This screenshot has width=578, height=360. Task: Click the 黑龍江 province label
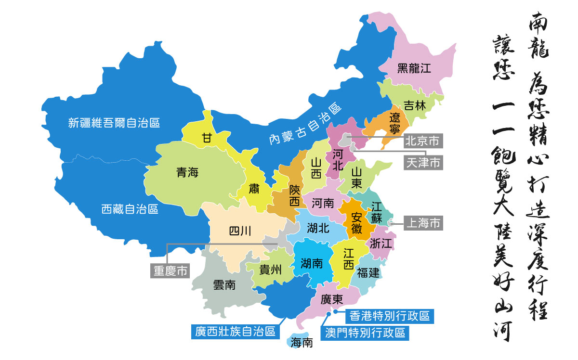pos(414,68)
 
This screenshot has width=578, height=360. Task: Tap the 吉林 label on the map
pos(415,106)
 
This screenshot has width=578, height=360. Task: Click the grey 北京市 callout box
pos(422,141)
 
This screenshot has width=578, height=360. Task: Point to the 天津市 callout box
pos(422,163)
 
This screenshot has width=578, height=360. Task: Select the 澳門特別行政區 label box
pos(365,333)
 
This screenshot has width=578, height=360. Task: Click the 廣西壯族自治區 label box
pos(235,332)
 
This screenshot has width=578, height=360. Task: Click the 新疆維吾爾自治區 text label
pos(114,123)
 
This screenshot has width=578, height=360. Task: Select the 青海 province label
pos(187,173)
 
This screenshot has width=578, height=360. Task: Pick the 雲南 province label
pos(224,285)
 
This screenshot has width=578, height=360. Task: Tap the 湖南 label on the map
pos(312,263)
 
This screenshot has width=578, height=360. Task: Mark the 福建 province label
pos(368,273)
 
